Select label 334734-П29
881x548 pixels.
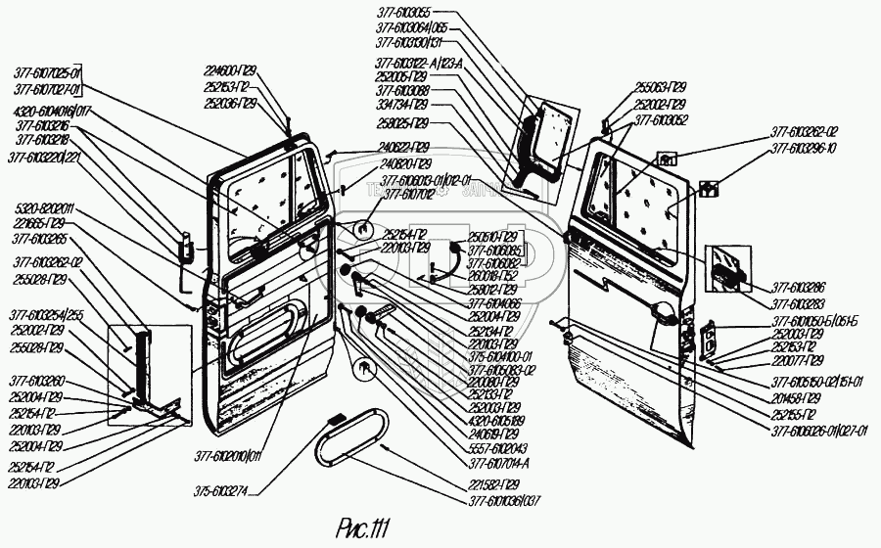[402, 104]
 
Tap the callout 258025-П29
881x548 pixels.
[402, 122]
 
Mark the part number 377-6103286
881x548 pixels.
[799, 289]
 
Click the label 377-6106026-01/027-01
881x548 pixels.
[820, 431]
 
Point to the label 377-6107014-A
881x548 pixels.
[500, 464]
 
